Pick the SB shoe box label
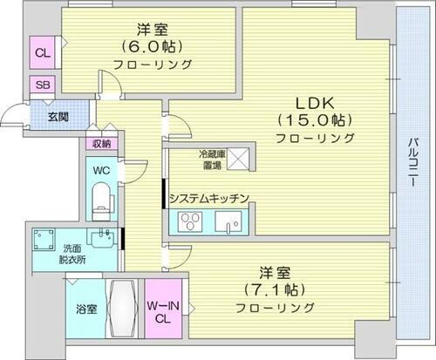point(41,85)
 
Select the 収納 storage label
point(101,144)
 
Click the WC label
point(101,171)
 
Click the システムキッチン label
point(210,200)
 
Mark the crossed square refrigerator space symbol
point(240,160)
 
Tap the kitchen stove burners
point(189,222)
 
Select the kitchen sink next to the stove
point(231,223)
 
